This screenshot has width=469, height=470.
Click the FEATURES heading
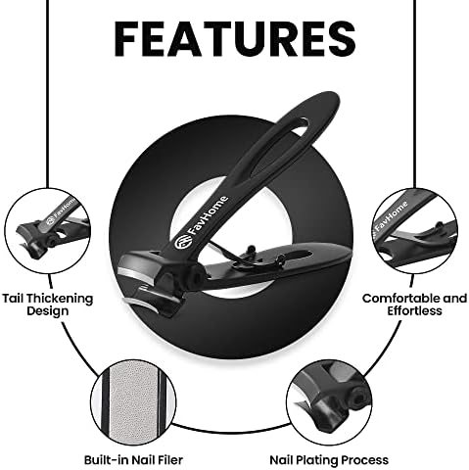tap(235, 39)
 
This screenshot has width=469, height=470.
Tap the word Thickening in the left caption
tap(60, 299)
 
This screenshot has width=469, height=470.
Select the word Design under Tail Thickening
tap(48, 311)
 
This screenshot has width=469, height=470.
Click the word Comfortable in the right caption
tap(399, 299)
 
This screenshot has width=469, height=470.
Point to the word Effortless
tap(414, 310)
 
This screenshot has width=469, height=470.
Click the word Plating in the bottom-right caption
tap(313, 460)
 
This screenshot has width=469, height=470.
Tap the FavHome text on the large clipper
tap(209, 215)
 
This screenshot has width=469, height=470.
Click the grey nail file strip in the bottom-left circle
tap(134, 403)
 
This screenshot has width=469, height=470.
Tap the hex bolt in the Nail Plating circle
tap(359, 398)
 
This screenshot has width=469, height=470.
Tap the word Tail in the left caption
tap(14, 299)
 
